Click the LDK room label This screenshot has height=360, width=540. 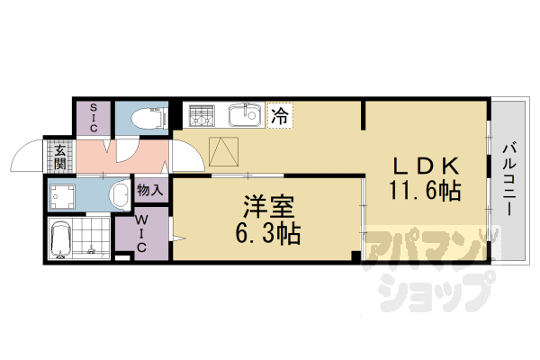click(x=426, y=167)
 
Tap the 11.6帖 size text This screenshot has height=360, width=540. click(x=426, y=191)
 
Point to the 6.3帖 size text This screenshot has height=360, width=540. click(x=267, y=234)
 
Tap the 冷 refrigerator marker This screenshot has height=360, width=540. click(x=280, y=115)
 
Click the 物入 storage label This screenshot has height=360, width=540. click(x=150, y=190)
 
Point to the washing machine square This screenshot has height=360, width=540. click(x=63, y=193)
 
